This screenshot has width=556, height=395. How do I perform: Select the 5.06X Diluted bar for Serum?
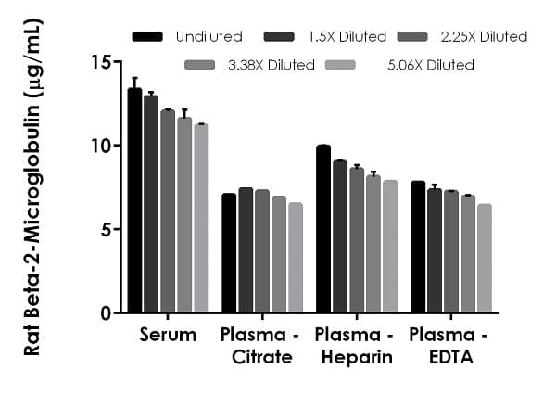pos(201,219)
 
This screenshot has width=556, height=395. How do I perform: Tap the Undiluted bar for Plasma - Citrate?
pos(229,253)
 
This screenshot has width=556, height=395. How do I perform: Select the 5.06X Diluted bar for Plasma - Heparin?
pos(390,247)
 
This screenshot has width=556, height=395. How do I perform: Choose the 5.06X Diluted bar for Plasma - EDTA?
pos(485,259)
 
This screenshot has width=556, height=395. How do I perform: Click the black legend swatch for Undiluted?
pos(148,37)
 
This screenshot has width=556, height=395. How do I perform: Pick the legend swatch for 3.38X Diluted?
pos(200,65)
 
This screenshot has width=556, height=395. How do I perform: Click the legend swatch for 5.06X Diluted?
pos(355,65)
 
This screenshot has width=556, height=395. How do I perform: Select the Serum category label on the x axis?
pos(168,335)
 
